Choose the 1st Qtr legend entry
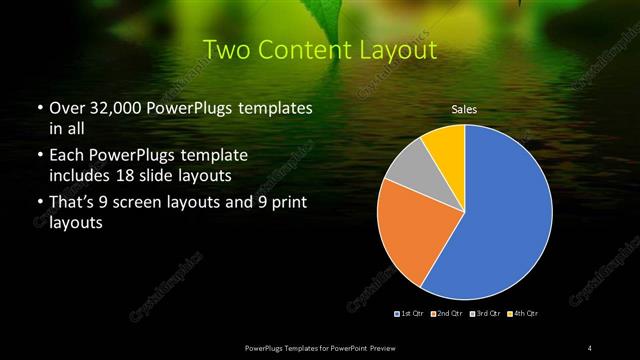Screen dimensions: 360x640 coord(412,314)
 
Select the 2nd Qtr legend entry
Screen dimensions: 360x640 coord(447,314)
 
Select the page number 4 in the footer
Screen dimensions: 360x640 coord(589,347)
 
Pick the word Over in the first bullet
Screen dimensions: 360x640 coord(62,107)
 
